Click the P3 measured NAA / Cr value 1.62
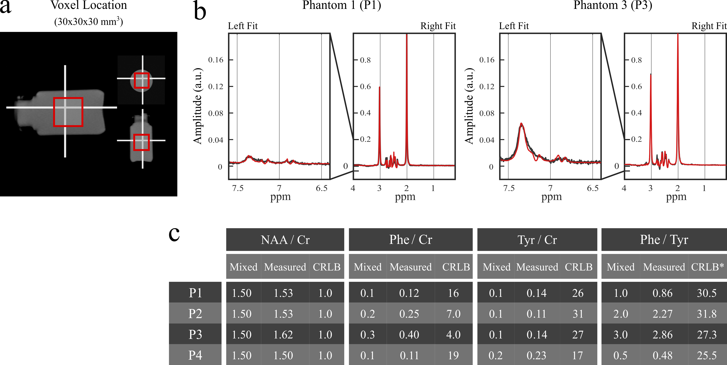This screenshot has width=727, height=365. click(283, 335)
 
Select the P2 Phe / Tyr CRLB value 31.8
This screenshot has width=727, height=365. click(706, 314)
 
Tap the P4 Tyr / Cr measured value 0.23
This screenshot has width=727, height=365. click(536, 355)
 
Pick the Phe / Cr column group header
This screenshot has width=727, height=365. click(411, 240)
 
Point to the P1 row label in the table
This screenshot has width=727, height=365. click(195, 293)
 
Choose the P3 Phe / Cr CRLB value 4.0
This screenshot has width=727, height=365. click(453, 335)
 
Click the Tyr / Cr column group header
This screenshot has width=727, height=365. click(537, 240)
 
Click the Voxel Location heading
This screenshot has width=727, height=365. click(89, 5)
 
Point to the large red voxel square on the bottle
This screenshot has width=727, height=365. click(68, 112)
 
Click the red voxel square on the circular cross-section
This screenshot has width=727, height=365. click(141, 80)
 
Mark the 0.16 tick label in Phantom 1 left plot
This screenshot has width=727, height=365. click(216, 60)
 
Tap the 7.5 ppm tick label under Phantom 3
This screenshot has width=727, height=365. click(509, 188)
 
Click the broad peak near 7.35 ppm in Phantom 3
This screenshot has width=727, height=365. click(521, 124)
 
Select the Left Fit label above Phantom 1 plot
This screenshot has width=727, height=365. click(243, 26)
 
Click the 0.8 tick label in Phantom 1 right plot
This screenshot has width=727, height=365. click(365, 60)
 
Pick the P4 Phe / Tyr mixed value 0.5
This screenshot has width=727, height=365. click(620, 355)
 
